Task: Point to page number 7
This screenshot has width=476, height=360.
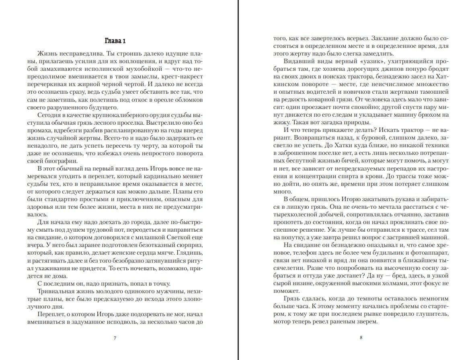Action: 115,337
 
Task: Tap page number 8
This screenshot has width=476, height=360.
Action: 361,337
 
